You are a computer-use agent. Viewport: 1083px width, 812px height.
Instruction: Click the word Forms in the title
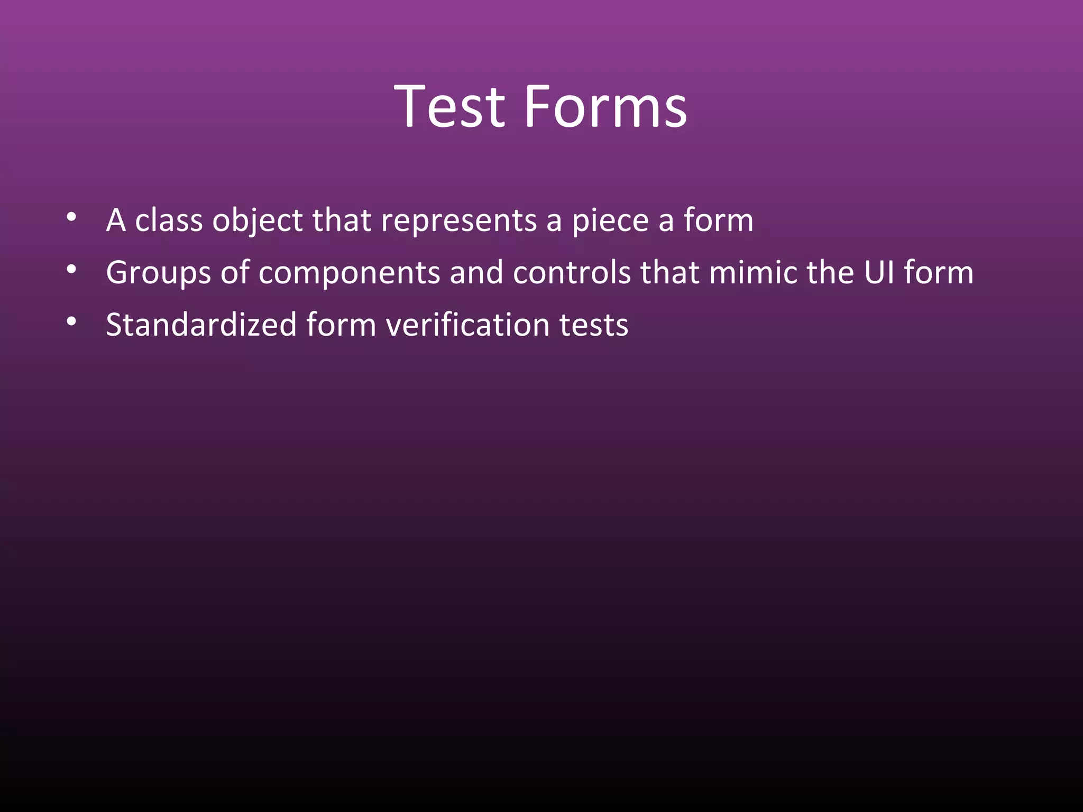click(x=605, y=107)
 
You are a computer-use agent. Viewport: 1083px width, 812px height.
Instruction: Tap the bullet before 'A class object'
click(x=72, y=217)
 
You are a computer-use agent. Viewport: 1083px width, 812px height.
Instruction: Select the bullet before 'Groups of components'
click(x=72, y=270)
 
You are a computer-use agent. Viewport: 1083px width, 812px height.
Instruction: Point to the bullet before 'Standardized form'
click(x=72, y=321)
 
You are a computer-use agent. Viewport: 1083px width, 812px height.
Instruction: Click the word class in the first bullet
click(x=169, y=220)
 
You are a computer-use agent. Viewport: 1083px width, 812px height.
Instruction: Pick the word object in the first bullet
click(x=258, y=221)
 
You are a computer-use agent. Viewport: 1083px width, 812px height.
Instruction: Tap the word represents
click(x=459, y=221)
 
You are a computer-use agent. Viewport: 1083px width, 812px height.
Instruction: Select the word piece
click(x=610, y=221)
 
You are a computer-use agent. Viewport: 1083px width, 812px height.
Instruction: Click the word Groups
click(x=158, y=273)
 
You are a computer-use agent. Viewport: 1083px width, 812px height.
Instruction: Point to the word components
click(x=350, y=273)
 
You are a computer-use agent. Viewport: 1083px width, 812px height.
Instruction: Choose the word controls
click(x=572, y=272)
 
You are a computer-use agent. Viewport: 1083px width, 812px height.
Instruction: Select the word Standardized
click(x=201, y=325)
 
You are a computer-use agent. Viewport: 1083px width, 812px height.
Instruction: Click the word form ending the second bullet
click(x=938, y=272)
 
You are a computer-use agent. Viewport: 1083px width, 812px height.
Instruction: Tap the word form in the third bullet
click(x=341, y=325)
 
